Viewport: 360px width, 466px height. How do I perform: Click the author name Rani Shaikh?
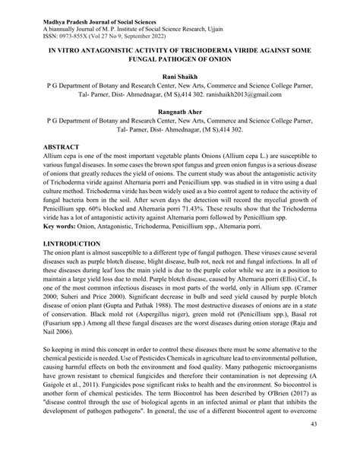180,79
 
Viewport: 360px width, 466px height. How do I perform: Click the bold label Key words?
63,227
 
